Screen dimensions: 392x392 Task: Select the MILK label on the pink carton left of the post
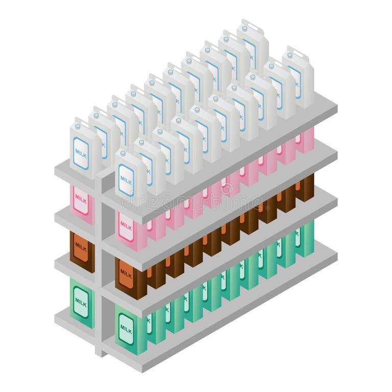click(x=80, y=200)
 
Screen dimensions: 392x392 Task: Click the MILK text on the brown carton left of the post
click(x=81, y=247)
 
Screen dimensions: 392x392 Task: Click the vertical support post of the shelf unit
click(x=102, y=265)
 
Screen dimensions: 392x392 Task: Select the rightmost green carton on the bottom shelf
click(x=305, y=238)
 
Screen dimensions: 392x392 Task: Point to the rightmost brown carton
click(x=305, y=188)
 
